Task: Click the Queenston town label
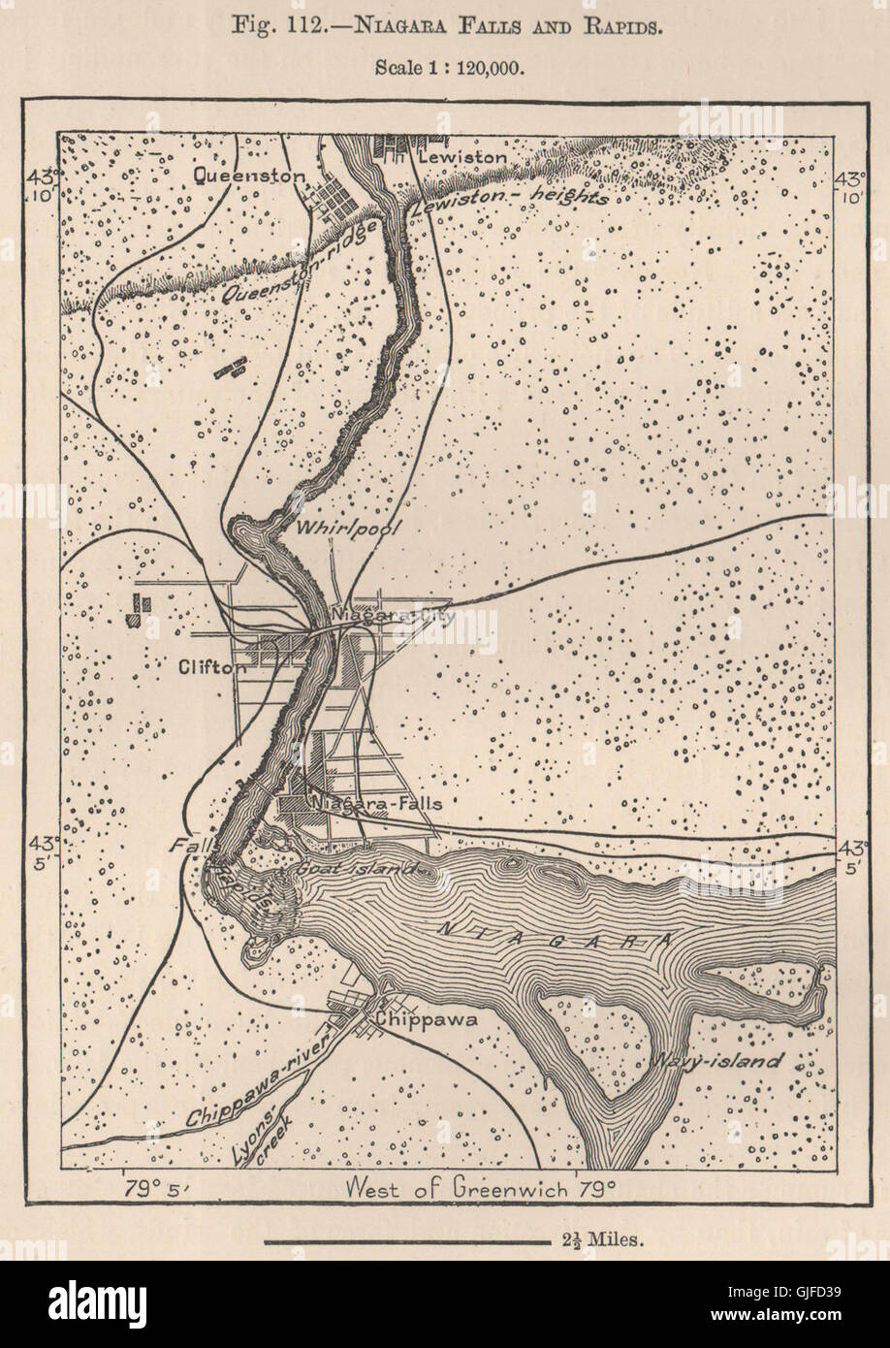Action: coord(250,175)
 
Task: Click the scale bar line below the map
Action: coord(406,1240)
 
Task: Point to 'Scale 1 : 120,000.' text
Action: coord(444,68)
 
